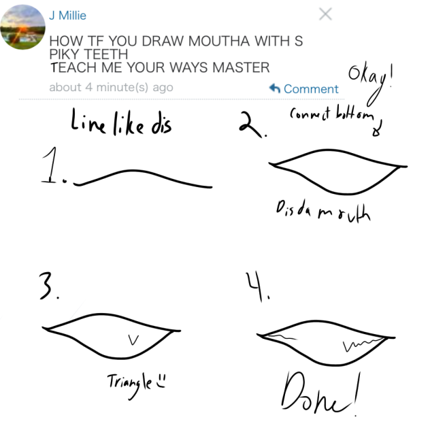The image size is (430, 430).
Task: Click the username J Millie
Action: point(67,15)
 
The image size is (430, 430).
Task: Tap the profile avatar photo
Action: point(22,27)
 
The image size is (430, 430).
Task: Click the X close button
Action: point(325,14)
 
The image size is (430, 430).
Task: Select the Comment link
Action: point(311,89)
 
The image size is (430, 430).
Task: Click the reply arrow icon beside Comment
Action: point(276,88)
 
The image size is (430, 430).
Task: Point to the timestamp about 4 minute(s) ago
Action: point(111,88)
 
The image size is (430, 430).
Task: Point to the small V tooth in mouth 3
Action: point(135,337)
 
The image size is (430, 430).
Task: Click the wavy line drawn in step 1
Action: point(143,178)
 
